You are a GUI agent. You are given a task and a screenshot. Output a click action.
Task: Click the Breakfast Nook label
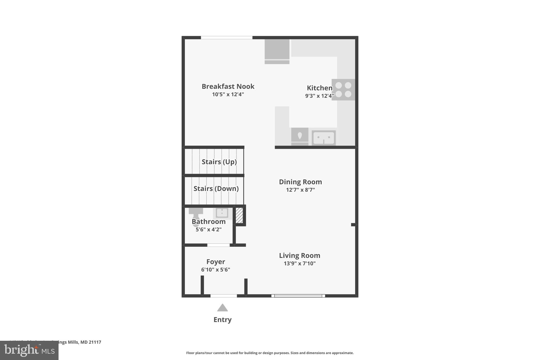(x=228, y=87)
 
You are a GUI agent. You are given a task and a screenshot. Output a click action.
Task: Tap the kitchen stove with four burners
(x=343, y=90)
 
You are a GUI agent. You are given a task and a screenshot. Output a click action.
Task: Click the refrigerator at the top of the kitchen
(x=277, y=51)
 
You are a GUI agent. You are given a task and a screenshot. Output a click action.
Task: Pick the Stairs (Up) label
(x=219, y=162)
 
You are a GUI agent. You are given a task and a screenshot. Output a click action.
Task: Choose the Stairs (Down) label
(x=216, y=189)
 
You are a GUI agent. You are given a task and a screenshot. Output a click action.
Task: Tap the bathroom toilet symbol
(x=196, y=215)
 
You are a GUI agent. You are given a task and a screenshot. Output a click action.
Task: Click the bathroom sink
(x=222, y=213)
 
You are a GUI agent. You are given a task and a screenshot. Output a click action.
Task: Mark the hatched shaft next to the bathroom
(x=239, y=215)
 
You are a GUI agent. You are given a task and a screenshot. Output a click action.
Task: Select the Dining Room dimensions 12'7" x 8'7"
(x=300, y=190)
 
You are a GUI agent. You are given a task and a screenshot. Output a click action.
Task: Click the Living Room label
(x=300, y=256)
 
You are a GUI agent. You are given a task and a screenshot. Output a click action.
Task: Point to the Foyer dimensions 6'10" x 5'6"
(x=215, y=270)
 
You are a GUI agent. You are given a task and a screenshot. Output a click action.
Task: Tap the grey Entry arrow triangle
(x=222, y=308)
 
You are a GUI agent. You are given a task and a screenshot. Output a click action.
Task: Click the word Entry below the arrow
(x=222, y=320)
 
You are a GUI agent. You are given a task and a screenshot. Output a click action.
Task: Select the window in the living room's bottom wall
(x=298, y=296)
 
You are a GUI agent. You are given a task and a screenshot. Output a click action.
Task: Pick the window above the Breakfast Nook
(x=226, y=38)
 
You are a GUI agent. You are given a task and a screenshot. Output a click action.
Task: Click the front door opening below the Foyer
(x=224, y=296)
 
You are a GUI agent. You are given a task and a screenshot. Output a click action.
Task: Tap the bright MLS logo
(x=29, y=350)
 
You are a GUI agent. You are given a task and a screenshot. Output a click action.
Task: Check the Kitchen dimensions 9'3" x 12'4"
(x=319, y=96)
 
